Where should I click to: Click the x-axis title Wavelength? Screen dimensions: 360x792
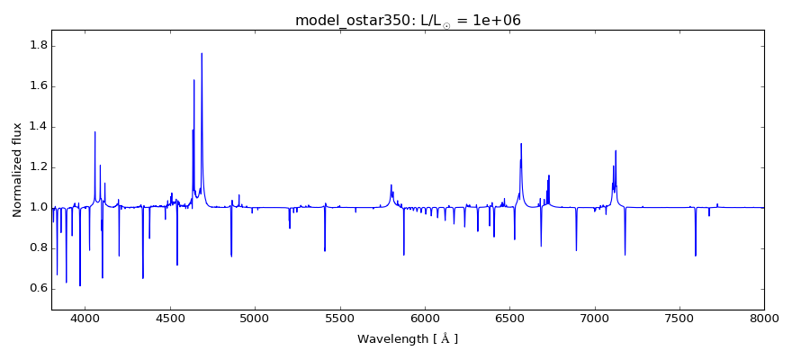[408, 339]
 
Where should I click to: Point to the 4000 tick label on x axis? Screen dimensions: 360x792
[85, 319]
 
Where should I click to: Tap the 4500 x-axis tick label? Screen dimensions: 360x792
[170, 319]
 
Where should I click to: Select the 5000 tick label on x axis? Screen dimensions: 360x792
[255, 319]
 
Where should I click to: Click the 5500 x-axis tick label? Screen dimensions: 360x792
[339, 319]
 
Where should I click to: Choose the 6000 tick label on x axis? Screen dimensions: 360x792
[425, 319]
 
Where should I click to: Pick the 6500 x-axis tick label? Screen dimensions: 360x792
[509, 319]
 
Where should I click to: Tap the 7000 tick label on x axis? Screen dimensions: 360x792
[594, 319]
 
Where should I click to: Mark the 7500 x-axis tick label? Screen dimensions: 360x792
[679, 319]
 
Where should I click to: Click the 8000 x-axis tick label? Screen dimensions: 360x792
[764, 319]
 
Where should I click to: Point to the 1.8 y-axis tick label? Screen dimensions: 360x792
[37, 46]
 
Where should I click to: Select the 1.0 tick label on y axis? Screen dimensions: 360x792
[37, 208]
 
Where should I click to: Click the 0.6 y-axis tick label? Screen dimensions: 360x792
[37, 289]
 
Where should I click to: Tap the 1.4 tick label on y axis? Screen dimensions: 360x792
[37, 127]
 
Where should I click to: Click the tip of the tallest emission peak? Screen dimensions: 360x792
[202, 53]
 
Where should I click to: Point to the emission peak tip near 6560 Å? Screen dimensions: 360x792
[521, 143]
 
